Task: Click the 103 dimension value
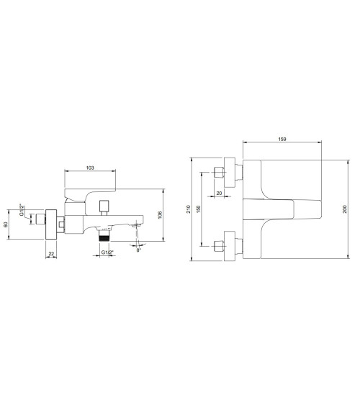pos(90,167)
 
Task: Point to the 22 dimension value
pos(51,253)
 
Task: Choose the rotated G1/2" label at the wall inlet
pos(22,212)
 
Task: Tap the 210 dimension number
pos(189,209)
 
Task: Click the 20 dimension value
pos(220,193)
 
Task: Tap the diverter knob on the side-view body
pos(104,206)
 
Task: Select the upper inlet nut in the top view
pos(220,173)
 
